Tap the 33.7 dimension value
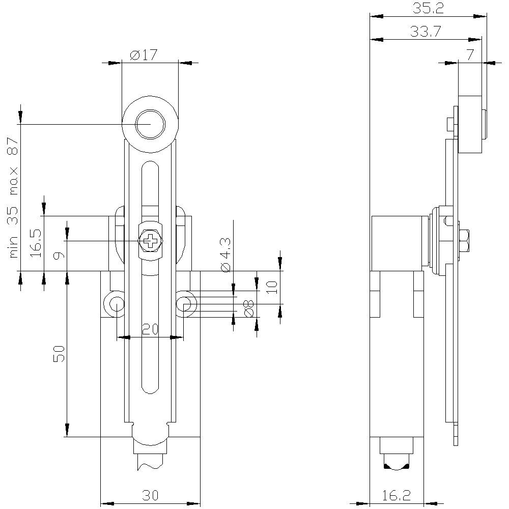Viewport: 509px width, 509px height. (425, 32)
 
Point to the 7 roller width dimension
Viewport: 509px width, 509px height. (470, 55)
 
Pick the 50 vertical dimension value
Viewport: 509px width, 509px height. (60, 353)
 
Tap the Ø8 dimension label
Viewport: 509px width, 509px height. (248, 308)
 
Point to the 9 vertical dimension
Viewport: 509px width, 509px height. (60, 253)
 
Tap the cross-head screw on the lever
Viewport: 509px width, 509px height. (151, 241)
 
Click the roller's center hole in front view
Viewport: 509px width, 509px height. (150, 124)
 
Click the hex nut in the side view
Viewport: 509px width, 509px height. (464, 242)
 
